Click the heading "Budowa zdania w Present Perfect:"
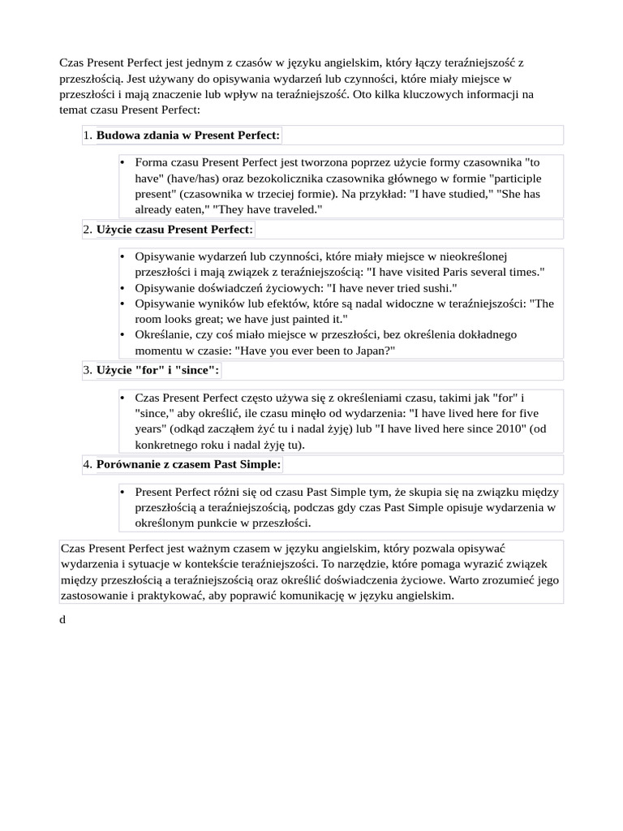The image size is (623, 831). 187,135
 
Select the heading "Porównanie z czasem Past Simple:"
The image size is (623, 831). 188,464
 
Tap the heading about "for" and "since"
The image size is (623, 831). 157,370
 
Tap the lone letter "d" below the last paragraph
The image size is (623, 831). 62,619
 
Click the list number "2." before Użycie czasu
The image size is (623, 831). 88,230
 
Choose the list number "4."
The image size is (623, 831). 88,464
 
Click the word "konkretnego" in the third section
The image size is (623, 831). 168,444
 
